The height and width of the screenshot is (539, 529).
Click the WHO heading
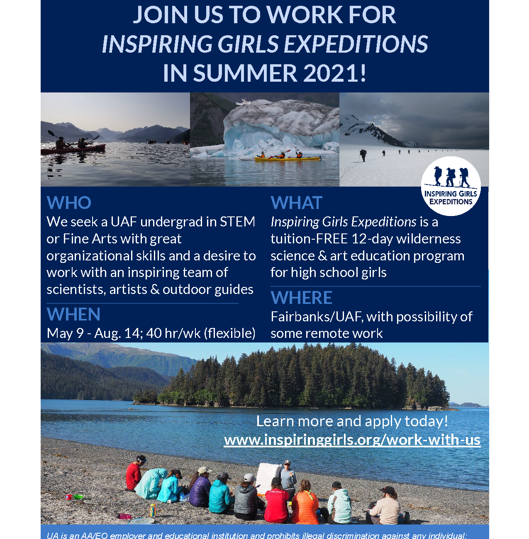(x=69, y=202)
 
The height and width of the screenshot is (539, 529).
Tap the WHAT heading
(x=296, y=202)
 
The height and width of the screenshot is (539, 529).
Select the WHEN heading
(x=73, y=314)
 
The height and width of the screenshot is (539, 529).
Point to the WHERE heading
(x=301, y=297)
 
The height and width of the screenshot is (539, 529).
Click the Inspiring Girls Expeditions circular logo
(x=451, y=186)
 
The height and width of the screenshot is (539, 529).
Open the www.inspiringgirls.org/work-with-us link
(x=352, y=440)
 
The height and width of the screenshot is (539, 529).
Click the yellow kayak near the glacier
(x=288, y=159)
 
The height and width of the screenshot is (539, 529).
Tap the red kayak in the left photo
(x=73, y=148)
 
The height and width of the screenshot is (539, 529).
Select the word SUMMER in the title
(x=245, y=73)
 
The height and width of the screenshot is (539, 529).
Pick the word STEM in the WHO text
(x=237, y=222)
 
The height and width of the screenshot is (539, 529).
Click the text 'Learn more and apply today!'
(x=352, y=421)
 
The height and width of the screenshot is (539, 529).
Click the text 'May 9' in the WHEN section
(x=65, y=333)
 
